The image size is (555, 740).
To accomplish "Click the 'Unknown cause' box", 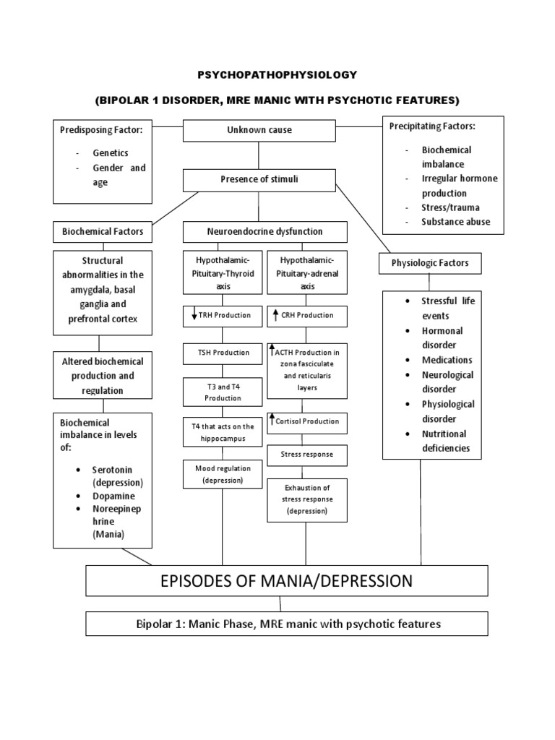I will coord(259,131).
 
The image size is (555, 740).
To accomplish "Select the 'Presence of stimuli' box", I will coord(259,179).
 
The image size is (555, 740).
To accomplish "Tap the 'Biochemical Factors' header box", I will coord(102,232).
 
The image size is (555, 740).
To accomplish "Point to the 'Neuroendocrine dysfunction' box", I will coord(264,232).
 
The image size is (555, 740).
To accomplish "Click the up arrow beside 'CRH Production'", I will coord(275,315).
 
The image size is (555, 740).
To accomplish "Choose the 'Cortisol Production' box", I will coord(307,421).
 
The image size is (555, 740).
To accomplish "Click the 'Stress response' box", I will coord(307,455).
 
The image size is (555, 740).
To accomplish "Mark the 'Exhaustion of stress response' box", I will coord(307,499).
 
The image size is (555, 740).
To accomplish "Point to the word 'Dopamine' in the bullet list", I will coord(113,496).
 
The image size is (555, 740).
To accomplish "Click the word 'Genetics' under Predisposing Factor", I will coord(110,153).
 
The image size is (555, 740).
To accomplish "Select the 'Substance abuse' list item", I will coord(455,222).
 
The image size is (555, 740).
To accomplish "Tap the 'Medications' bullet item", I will coord(447,360).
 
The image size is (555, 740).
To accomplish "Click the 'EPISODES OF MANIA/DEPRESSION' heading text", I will coord(287,580).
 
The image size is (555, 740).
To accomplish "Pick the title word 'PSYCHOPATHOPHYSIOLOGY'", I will coord(277,74).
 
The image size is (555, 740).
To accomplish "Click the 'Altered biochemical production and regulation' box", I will coord(102,376).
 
